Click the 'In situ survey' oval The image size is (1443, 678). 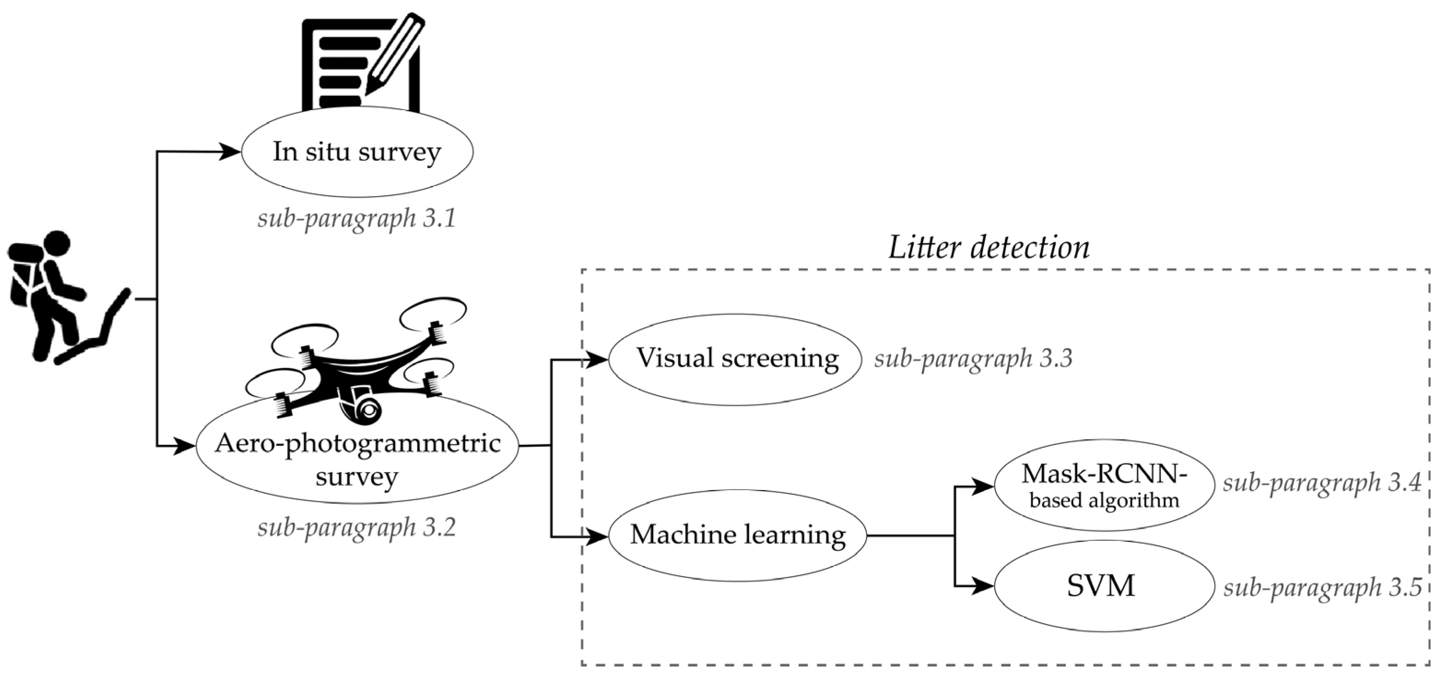357,152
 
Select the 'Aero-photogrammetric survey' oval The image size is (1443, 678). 357,459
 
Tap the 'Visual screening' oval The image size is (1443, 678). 735,359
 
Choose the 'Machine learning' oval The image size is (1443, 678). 737,535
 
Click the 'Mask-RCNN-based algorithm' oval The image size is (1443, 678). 1103,485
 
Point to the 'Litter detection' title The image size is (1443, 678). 989,247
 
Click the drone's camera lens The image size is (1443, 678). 368,410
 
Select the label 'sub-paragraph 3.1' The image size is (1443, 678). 357,218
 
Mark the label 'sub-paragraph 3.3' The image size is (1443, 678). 973,358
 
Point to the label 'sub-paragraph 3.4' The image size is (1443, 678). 1321,482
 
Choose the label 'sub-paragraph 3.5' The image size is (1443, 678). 1322,587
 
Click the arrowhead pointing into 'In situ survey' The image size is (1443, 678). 230,151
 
